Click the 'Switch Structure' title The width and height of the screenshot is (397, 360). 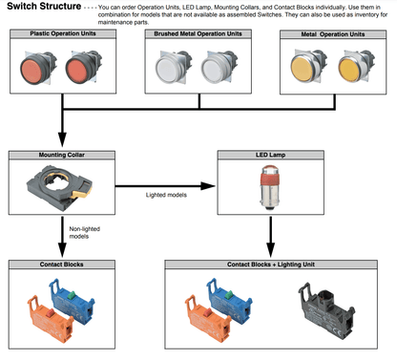pyautogui.click(x=44, y=6)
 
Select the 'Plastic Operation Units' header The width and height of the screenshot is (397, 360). pyautogui.click(x=63, y=33)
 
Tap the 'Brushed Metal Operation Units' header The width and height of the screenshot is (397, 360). pyautogui.click(x=198, y=33)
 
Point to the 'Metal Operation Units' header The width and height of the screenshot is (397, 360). pyautogui.click(x=333, y=34)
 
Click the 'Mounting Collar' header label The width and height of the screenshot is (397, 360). pyautogui.click(x=62, y=155)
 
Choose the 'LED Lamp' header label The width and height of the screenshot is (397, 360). pyautogui.click(x=270, y=155)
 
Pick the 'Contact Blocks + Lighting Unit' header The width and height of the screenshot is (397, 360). pyautogui.click(x=271, y=265)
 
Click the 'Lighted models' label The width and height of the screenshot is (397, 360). pyautogui.click(x=166, y=195)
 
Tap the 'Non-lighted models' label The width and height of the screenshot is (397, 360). pyautogui.click(x=84, y=233)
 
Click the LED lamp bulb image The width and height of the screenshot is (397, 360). pyautogui.click(x=270, y=187)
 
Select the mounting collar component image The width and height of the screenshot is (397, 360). pyautogui.click(x=59, y=187)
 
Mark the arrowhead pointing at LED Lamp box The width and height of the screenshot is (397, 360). pyautogui.click(x=208, y=186)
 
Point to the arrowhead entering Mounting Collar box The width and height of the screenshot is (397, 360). pyautogui.click(x=62, y=139)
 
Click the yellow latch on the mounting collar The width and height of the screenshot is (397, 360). pyautogui.click(x=81, y=192)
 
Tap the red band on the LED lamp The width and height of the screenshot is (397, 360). pyautogui.click(x=270, y=178)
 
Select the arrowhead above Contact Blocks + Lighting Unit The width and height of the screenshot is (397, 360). pyautogui.click(x=270, y=250)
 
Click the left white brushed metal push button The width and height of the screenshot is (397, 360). pyautogui.click(x=168, y=69)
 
